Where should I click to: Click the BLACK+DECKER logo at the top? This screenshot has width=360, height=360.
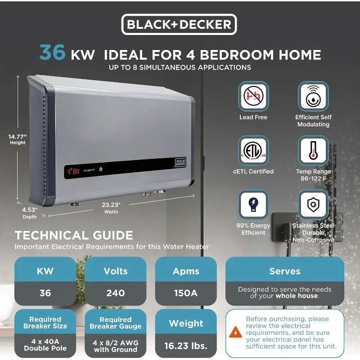(x=179, y=24)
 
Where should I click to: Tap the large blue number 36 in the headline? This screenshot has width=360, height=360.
(x=53, y=52)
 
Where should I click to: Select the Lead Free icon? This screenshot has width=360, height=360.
(x=253, y=96)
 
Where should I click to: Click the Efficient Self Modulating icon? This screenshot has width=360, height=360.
(x=313, y=96)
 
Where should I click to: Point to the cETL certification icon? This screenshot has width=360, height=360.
(x=253, y=150)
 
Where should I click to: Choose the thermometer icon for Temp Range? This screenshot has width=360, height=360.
(x=313, y=150)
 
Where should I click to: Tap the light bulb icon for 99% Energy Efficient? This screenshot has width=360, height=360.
(x=253, y=204)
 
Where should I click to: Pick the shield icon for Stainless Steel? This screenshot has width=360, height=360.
(x=313, y=204)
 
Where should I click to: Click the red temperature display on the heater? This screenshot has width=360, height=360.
(x=73, y=171)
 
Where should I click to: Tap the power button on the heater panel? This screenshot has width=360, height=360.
(x=101, y=169)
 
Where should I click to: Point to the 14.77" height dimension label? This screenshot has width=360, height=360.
(x=18, y=139)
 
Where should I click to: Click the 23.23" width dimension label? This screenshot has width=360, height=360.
(x=111, y=208)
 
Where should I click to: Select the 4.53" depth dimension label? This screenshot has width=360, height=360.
(x=30, y=213)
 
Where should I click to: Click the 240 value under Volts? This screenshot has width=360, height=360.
(x=116, y=293)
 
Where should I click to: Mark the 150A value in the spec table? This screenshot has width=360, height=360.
(x=186, y=293)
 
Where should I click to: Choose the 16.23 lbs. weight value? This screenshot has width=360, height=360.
(x=186, y=346)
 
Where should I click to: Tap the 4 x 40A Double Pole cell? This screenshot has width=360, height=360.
(x=45, y=345)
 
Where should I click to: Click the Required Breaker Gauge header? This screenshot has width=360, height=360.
(x=116, y=323)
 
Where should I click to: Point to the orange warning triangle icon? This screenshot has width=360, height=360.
(x=235, y=332)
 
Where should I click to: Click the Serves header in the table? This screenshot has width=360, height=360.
(x=285, y=271)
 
